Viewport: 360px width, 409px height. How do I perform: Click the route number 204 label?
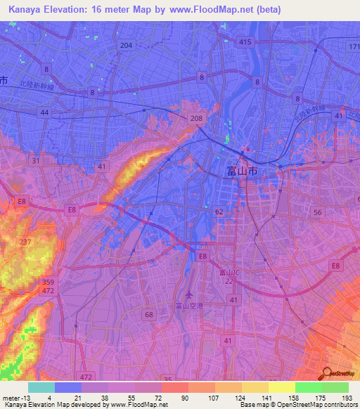126,45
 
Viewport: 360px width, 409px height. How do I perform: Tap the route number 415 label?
245,43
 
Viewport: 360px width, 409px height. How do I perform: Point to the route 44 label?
44,112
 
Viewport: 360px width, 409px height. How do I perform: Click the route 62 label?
219,211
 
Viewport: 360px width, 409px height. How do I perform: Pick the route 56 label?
318,212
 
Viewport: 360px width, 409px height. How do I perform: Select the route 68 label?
149,314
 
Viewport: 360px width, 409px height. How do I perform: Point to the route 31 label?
34,161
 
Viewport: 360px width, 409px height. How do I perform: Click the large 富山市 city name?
243,171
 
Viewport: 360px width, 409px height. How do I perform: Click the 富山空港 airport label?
189,306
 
